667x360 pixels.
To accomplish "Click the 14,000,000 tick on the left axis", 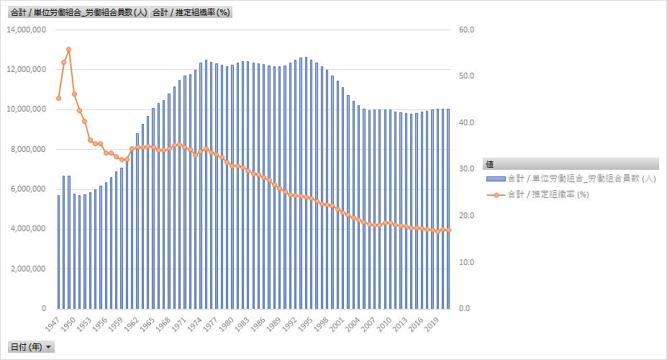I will click(27, 30).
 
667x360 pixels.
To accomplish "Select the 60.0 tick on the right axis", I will click(466, 30).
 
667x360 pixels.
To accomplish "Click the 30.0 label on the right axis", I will click(466, 169).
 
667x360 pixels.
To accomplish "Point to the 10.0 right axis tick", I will click(466, 262).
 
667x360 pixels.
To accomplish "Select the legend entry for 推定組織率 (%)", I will click(547, 194).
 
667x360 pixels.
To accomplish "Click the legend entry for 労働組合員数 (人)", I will click(576, 178).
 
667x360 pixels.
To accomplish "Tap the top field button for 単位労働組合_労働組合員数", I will click(78, 12).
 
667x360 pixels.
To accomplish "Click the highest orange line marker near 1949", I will click(69, 49).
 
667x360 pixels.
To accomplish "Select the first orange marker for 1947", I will click(58, 98).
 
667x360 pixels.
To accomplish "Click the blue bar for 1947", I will click(58, 252).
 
